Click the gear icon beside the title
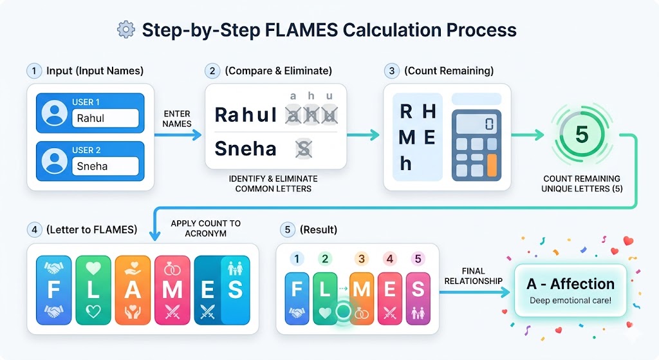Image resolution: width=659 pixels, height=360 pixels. coord(125,30)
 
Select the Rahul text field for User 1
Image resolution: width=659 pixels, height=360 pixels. coord(107,118)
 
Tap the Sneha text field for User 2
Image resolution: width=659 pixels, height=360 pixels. coord(107,166)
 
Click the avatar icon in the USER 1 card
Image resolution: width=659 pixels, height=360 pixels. coord(54,113)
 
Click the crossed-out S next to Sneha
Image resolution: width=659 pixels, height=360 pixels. coord(302,149)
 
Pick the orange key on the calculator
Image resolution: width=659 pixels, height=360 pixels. coord(493,166)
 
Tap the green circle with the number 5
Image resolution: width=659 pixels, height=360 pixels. coord(581,135)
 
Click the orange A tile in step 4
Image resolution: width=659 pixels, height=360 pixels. coord(133,289)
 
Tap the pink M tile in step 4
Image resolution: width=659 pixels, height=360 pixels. coord(172,289)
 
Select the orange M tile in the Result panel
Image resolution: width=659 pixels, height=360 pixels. coord(360,289)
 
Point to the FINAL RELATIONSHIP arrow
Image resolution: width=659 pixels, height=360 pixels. coord(476,292)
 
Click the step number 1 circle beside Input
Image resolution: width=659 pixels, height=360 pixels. coord(33,70)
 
